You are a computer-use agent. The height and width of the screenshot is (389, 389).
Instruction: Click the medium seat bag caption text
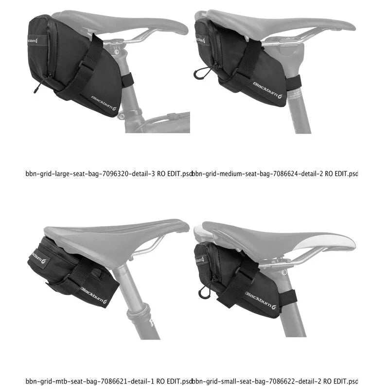tap(275, 173)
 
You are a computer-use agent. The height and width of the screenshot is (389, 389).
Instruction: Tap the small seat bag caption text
tap(275, 381)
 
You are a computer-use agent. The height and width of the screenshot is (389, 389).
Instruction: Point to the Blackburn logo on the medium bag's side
tap(267, 88)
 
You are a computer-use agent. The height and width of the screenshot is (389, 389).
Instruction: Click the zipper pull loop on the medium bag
tap(199, 73)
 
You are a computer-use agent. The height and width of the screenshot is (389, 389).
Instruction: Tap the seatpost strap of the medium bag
tap(293, 83)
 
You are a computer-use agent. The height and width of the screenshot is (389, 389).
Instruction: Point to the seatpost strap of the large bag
tap(127, 80)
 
